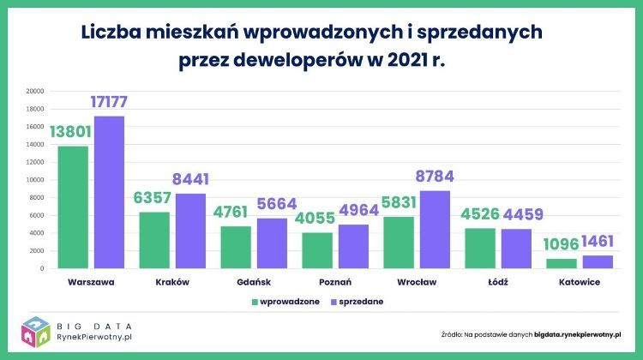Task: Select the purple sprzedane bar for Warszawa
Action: [x=109, y=192]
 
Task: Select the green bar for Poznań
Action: [x=316, y=250]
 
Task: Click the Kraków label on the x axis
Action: [x=172, y=281]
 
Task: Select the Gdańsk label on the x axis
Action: [x=254, y=281]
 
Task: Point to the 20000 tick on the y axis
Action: [x=34, y=91]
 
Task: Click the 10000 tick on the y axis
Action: [x=34, y=180]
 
